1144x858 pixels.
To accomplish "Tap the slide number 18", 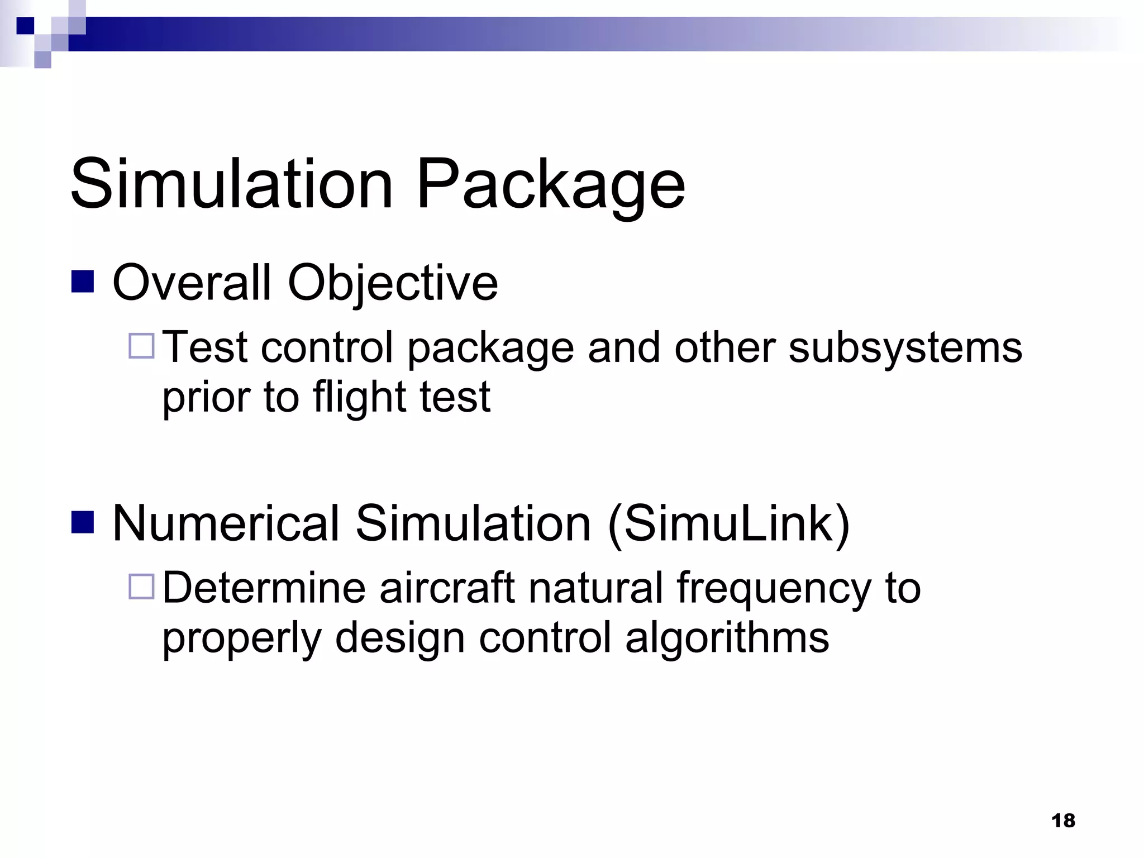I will [1063, 821].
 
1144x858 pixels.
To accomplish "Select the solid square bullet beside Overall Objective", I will [83, 282].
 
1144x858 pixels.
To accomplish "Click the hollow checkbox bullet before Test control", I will [141, 346].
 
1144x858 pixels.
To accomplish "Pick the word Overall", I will [192, 283].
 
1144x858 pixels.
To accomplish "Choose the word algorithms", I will [727, 638].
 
